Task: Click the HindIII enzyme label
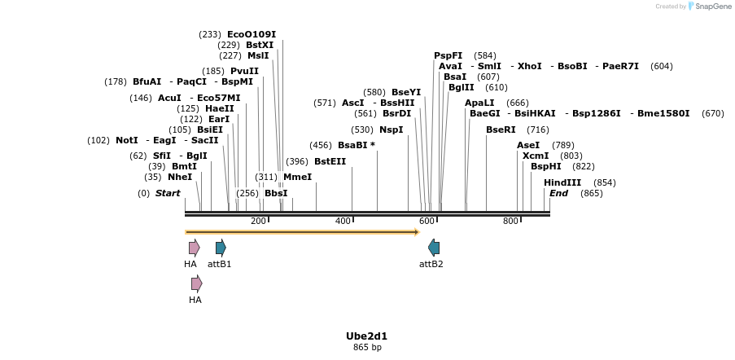pyautogui.click(x=562, y=182)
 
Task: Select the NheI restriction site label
pyautogui.click(x=180, y=177)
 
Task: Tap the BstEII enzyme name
pyautogui.click(x=330, y=161)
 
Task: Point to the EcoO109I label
pyautogui.click(x=252, y=34)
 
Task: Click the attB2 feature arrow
pyautogui.click(x=434, y=248)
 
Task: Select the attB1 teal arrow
pyautogui.click(x=221, y=248)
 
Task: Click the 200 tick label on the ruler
pyautogui.click(x=258, y=222)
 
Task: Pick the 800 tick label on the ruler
pyautogui.click(x=510, y=222)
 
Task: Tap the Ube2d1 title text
pyautogui.click(x=366, y=336)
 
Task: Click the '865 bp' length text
pyautogui.click(x=367, y=347)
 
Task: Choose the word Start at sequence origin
pyautogui.click(x=168, y=193)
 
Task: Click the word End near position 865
pyautogui.click(x=558, y=193)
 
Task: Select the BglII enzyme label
pyautogui.click(x=461, y=87)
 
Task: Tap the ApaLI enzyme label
pyautogui.click(x=479, y=103)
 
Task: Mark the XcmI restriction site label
pyautogui.click(x=536, y=156)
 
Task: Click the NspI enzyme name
pyautogui.click(x=391, y=130)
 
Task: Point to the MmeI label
pyautogui.click(x=297, y=177)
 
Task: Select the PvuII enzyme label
pyautogui.click(x=244, y=71)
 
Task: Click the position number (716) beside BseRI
pyautogui.click(x=537, y=130)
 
